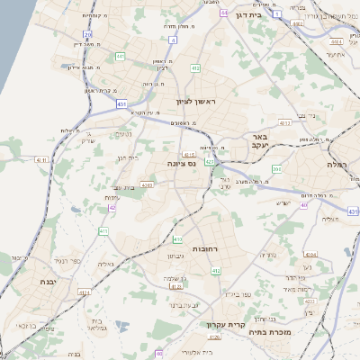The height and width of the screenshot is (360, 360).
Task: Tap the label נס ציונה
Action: (x=182, y=164)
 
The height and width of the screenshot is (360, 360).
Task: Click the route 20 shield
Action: (x=87, y=34)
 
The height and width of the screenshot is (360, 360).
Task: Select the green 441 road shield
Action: (x=120, y=57)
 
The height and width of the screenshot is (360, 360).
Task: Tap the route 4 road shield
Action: (x=173, y=40)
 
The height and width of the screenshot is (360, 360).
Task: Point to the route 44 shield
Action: (x=223, y=14)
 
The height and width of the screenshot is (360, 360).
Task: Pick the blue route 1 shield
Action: (x=276, y=14)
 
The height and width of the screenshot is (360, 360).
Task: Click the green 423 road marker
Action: (x=209, y=162)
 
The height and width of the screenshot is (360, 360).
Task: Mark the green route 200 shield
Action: (x=277, y=169)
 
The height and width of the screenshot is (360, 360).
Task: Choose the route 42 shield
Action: (x=112, y=208)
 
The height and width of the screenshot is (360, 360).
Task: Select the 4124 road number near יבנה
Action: (x=85, y=292)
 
